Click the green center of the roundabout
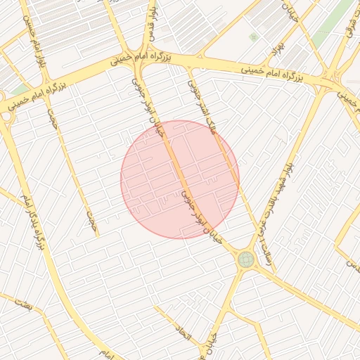click(x=245, y=260)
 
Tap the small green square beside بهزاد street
click(x=253, y=37)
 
